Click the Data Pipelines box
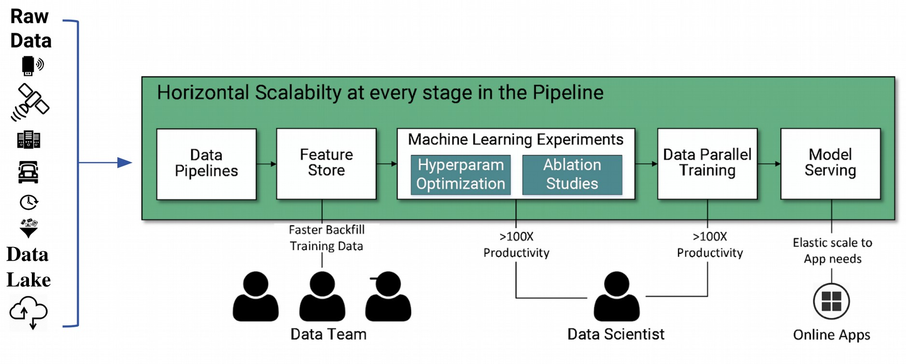pos(206,163)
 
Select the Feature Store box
pos(326,163)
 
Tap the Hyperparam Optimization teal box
pos(460,175)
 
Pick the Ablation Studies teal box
pos(572,175)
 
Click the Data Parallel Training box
pos(707,163)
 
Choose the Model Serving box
pos(830,163)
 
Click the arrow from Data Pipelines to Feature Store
pos(266,164)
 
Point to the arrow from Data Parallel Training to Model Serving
pos(769,164)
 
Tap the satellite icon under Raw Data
pos(30,102)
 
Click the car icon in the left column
pos(28,172)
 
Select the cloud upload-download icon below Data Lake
pos(28,312)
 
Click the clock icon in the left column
pos(28,202)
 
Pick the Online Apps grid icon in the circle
pos(831,301)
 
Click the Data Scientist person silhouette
pos(616,296)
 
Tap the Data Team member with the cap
pos(388,296)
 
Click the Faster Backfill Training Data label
pos(326,238)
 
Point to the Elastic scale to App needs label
pos(832,250)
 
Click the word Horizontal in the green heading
pos(203,93)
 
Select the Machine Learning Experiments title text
pos(515,140)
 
